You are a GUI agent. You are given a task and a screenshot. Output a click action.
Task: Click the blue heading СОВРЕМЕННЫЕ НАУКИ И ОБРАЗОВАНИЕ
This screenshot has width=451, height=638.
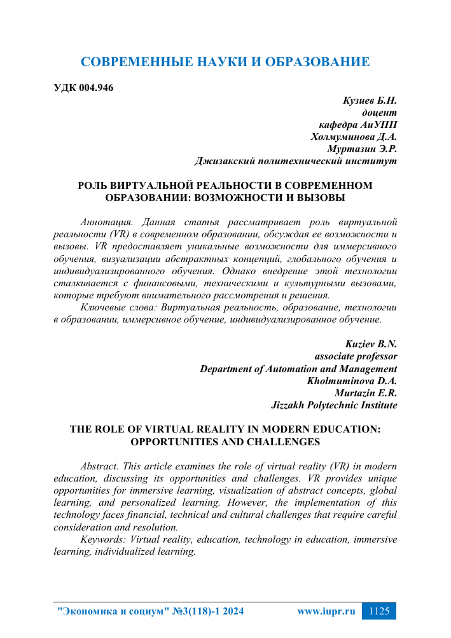[225, 62]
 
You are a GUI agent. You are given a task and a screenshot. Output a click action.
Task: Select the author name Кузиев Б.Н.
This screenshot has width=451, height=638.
[370, 100]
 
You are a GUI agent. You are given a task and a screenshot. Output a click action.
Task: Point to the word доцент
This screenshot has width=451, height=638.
[380, 112]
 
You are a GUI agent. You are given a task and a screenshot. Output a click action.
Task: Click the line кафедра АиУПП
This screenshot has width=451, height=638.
[357, 124]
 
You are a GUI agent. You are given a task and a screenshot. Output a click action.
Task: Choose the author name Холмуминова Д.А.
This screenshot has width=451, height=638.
[354, 137]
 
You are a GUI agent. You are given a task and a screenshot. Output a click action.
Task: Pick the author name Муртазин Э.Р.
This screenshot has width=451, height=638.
[362, 149]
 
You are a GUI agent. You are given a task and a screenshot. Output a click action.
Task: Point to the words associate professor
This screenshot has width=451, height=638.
[356, 356]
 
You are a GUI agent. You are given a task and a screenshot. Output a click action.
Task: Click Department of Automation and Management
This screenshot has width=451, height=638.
[298, 369]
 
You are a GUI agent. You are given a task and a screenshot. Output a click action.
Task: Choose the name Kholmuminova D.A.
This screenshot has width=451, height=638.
[352, 381]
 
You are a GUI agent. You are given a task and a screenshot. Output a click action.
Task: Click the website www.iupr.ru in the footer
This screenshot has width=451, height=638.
[326, 611]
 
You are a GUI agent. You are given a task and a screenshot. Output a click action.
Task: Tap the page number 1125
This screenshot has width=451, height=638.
[378, 611]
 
